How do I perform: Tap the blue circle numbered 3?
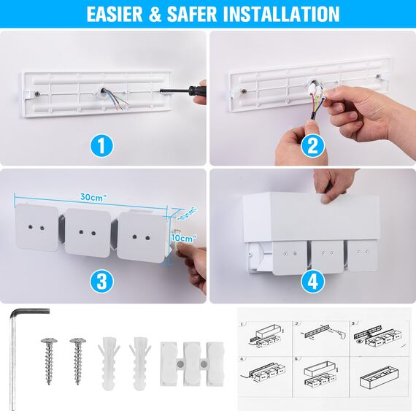tap(103, 281)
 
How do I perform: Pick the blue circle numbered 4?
tap(313, 281)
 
